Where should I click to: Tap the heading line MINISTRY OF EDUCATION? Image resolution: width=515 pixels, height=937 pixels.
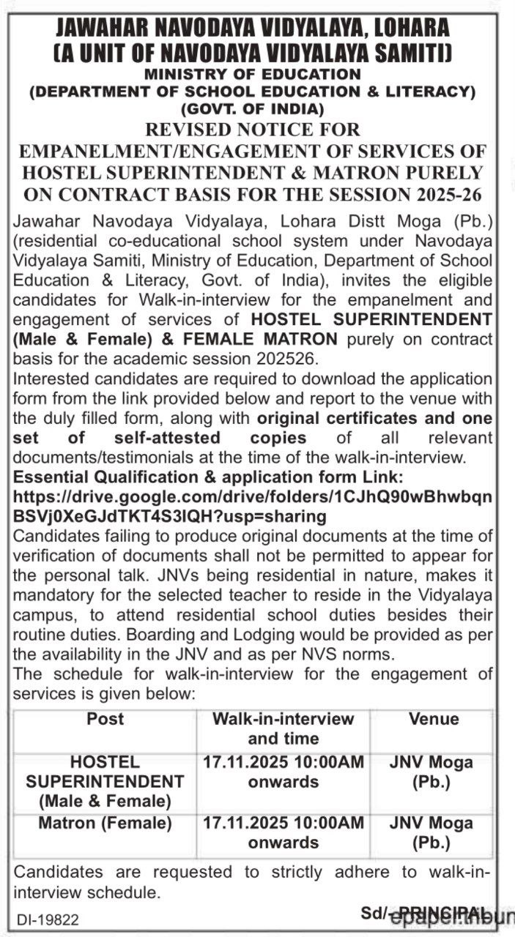click(x=252, y=74)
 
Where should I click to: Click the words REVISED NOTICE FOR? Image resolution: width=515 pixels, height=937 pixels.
click(x=253, y=130)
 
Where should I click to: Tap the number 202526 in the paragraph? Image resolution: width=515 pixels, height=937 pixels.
click(x=289, y=359)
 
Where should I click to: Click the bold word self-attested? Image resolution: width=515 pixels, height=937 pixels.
click(x=176, y=438)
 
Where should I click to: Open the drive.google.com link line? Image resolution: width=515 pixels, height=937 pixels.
click(x=253, y=497)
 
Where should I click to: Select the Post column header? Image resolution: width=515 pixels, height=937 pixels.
click(x=105, y=719)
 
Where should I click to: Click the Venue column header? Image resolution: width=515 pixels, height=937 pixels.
click(x=434, y=719)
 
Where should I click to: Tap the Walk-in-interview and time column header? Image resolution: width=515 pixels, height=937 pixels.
click(x=284, y=728)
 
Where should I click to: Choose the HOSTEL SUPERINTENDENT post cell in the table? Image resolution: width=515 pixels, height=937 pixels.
click(x=105, y=782)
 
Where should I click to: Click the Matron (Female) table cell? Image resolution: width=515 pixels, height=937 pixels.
click(x=105, y=823)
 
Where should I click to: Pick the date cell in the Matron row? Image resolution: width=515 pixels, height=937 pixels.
click(x=284, y=832)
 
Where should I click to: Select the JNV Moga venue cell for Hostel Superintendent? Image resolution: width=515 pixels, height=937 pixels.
click(x=431, y=772)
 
